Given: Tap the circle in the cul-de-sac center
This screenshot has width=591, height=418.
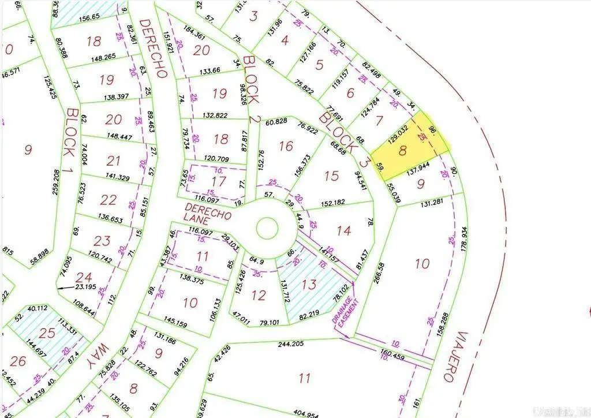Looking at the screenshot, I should [267, 228].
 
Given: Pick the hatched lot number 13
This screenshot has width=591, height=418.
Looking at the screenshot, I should [309, 284].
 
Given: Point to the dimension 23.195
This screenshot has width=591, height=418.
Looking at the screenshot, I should [87, 286].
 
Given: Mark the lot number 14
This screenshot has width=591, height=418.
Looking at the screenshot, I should [343, 230].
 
